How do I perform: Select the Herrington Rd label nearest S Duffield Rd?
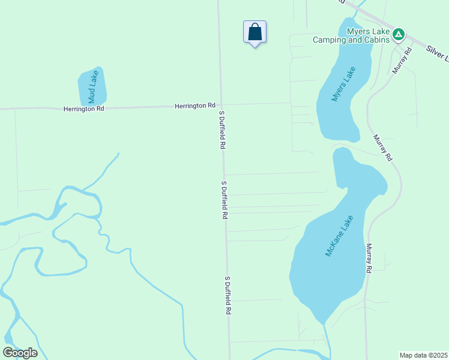point(194,106)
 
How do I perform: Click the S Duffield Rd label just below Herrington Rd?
point(221,130)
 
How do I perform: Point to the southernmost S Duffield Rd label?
point(228,296)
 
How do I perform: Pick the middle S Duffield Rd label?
point(224,200)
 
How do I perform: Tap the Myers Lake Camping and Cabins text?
point(351,36)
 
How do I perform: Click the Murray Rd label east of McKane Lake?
point(368,259)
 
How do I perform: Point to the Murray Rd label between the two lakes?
point(382,148)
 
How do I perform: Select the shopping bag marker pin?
point(255,32)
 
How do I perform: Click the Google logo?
point(20,353)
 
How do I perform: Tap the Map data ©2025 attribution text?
point(424,355)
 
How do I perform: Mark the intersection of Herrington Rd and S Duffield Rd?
point(220,105)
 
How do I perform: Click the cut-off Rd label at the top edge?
point(340,2)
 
